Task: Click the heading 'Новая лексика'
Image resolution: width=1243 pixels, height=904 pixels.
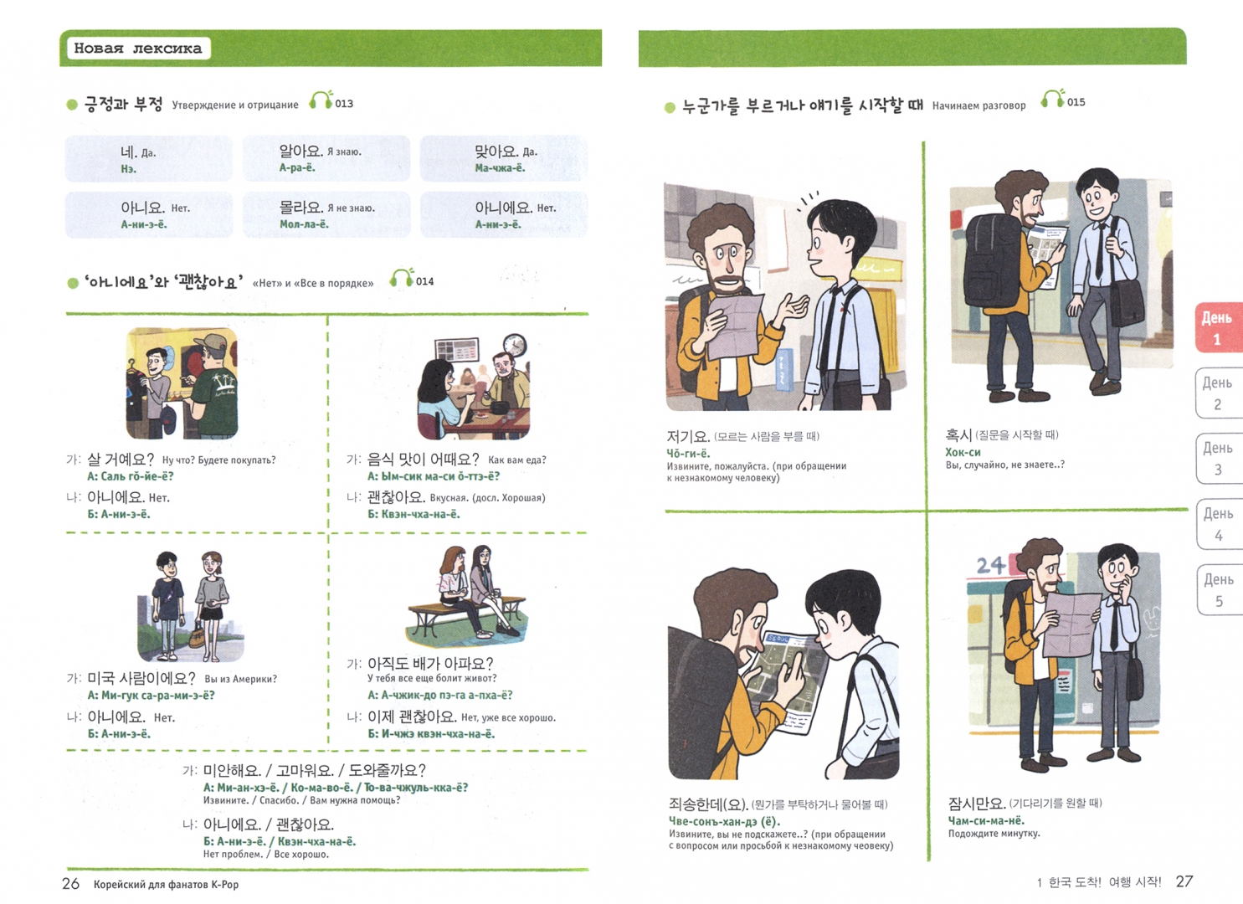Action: (137, 49)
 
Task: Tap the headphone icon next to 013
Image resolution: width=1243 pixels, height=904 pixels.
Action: (321, 100)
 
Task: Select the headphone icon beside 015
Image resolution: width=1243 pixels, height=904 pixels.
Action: (1053, 99)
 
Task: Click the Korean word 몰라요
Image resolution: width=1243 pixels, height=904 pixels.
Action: (300, 208)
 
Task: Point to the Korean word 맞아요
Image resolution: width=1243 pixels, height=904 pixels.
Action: (496, 151)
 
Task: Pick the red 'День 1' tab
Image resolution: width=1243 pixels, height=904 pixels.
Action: (1218, 327)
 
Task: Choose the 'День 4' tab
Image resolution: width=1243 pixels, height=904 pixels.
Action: (1219, 525)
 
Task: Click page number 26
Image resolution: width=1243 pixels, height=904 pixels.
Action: (70, 883)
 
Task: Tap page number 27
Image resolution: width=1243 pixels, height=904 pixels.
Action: (1184, 881)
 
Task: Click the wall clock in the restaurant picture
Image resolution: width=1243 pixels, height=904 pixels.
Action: (515, 346)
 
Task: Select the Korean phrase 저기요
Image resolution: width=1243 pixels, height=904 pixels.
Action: (688, 436)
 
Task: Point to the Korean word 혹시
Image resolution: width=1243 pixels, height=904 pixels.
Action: (959, 435)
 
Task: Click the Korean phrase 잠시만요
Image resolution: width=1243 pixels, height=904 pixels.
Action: (977, 803)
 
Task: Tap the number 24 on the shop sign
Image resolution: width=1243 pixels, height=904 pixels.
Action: (991, 566)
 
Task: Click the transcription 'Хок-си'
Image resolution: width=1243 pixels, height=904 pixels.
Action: (963, 452)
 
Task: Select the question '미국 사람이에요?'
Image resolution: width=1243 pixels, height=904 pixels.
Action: (141, 678)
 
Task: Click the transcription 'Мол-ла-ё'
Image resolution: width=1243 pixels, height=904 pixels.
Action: (304, 224)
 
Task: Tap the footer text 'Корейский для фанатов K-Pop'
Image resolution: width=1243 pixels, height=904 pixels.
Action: (166, 885)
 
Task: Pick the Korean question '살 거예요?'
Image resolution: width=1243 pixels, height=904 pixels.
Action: (121, 460)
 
